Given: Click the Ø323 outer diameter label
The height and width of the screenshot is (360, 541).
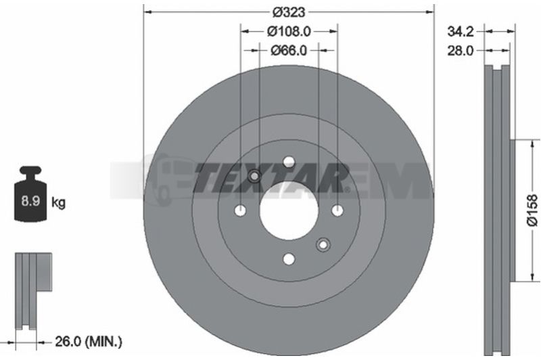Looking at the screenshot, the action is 289,12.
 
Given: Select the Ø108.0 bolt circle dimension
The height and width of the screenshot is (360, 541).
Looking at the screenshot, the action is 289,31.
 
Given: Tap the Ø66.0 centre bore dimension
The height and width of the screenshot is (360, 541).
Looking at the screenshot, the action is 289,51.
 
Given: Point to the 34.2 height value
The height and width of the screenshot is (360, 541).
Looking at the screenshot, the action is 461,31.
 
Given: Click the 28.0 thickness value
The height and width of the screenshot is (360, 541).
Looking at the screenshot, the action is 461,51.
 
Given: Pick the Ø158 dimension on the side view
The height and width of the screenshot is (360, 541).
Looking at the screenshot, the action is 532,210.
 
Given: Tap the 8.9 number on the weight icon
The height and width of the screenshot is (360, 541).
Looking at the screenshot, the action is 30,200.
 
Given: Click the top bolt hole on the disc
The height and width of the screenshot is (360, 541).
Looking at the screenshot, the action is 289,162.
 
